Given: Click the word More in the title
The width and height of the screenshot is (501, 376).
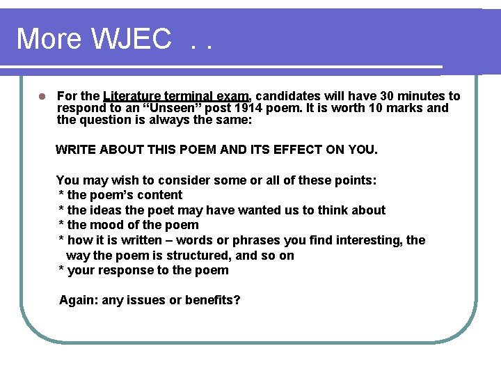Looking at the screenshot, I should coord(48,39).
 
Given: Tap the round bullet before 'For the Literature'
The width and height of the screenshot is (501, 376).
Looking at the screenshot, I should coord(42,97).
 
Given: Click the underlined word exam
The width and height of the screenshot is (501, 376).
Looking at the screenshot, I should coord(234,96).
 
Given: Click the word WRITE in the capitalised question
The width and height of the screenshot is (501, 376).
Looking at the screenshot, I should coord(75,149).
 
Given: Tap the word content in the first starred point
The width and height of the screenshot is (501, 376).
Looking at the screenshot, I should coord(161,196).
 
